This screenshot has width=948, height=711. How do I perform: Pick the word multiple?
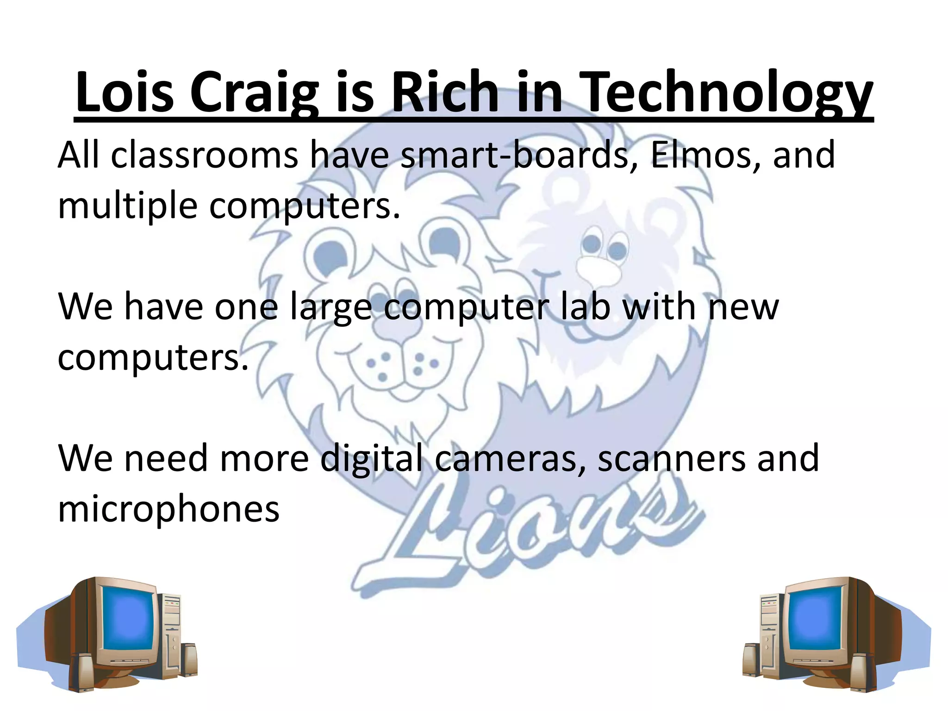[128, 206]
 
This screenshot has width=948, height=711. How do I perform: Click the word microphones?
[168, 509]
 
